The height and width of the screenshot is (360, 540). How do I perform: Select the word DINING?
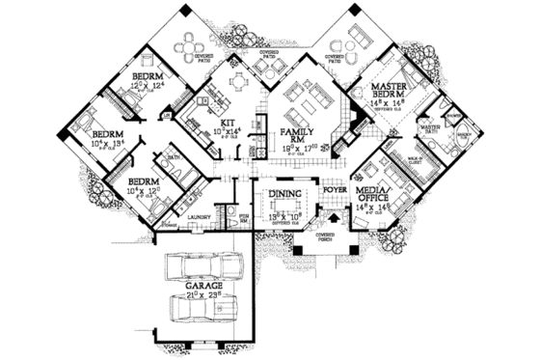tap(285, 194)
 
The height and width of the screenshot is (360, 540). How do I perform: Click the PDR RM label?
tap(244, 219)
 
